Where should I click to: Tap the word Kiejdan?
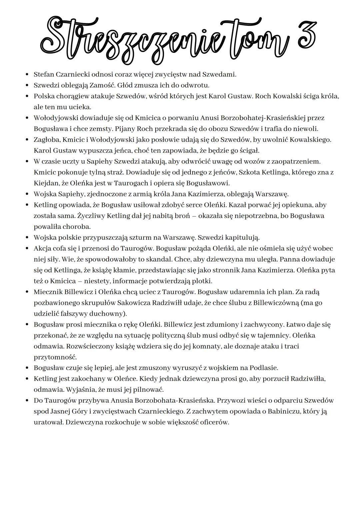point(46,183)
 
